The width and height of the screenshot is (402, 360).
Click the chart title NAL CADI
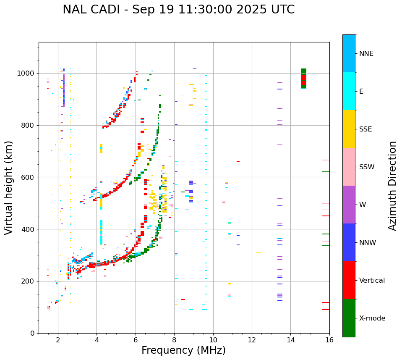pos(178,10)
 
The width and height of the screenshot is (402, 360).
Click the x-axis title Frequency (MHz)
pos(183,350)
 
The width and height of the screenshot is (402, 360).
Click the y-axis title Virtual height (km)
pos(9,187)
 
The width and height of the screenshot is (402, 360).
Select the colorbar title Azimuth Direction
pos(392,186)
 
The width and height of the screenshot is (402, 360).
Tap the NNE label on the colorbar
pos(366,54)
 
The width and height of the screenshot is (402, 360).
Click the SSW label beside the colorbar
pos(367,167)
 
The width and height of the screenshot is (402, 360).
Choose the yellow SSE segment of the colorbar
pos(349,129)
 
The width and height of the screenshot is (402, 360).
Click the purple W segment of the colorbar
pos(349,205)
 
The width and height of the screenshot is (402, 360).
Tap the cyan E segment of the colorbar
pos(349,91)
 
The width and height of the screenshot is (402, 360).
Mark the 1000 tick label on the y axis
pos(26,74)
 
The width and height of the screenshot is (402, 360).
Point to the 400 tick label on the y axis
pos(29,229)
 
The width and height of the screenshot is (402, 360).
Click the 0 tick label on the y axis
pos(33,333)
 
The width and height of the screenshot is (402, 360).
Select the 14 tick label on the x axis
pos(290,340)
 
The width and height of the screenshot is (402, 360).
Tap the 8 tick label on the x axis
pos(174,340)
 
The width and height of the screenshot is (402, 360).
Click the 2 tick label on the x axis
pos(58,340)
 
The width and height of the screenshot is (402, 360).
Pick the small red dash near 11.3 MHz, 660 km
pos(238,161)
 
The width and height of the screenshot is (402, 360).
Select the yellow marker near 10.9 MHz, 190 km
pos(230,284)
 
